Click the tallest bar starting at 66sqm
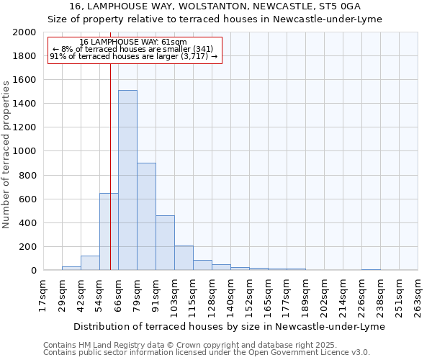click(127, 180)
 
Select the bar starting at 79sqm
click(146, 216)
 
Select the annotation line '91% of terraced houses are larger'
click(133, 56)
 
